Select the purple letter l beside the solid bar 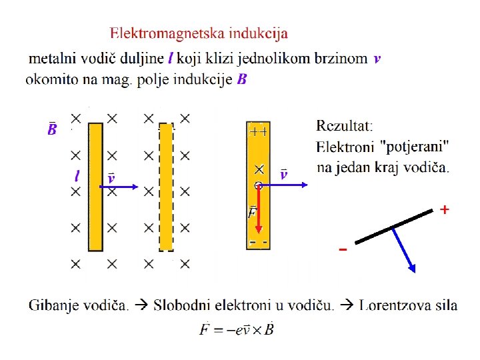coord(77,176)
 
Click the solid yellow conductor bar coord(96,186)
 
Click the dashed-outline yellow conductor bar coord(166,187)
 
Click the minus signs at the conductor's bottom coord(259,241)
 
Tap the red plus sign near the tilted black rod coord(444,210)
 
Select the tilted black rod coord(394,226)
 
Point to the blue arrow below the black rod coord(404,251)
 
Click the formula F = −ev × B coord(237,329)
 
